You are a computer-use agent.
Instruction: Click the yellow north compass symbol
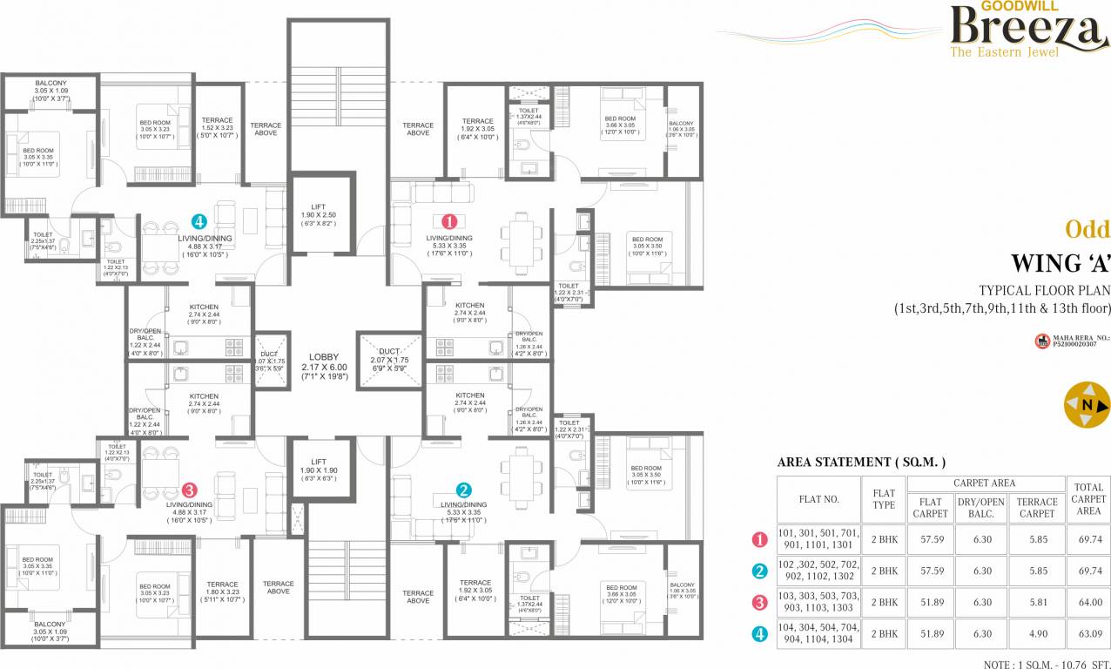[x=1087, y=406]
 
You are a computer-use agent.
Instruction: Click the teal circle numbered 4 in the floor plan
[x=199, y=221]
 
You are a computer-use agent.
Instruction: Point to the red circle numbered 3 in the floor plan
[x=192, y=490]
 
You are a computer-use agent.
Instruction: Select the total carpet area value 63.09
[x=1089, y=633]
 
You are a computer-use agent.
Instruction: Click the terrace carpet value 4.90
[x=1037, y=633]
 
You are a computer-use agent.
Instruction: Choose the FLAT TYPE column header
[x=884, y=499]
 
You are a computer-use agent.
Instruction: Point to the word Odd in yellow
[x=1087, y=229]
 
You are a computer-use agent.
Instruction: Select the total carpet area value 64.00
[x=1089, y=602]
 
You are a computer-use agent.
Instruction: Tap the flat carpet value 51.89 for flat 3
[x=933, y=602]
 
